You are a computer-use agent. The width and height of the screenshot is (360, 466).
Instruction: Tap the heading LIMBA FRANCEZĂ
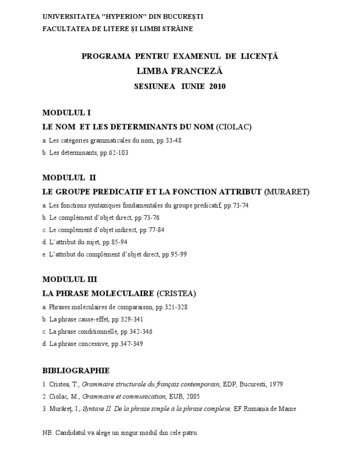180,71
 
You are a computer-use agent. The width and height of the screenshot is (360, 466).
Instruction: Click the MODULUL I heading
66,113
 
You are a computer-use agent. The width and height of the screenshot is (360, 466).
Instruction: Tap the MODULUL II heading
69,178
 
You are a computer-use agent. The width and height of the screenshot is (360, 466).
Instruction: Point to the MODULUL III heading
69,279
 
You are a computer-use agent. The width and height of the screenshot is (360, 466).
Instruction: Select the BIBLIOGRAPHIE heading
76,370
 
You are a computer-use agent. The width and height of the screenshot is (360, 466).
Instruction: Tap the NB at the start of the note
47,433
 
